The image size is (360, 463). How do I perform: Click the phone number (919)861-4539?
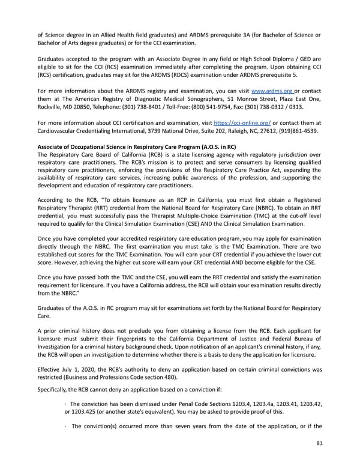coord(298,130)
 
